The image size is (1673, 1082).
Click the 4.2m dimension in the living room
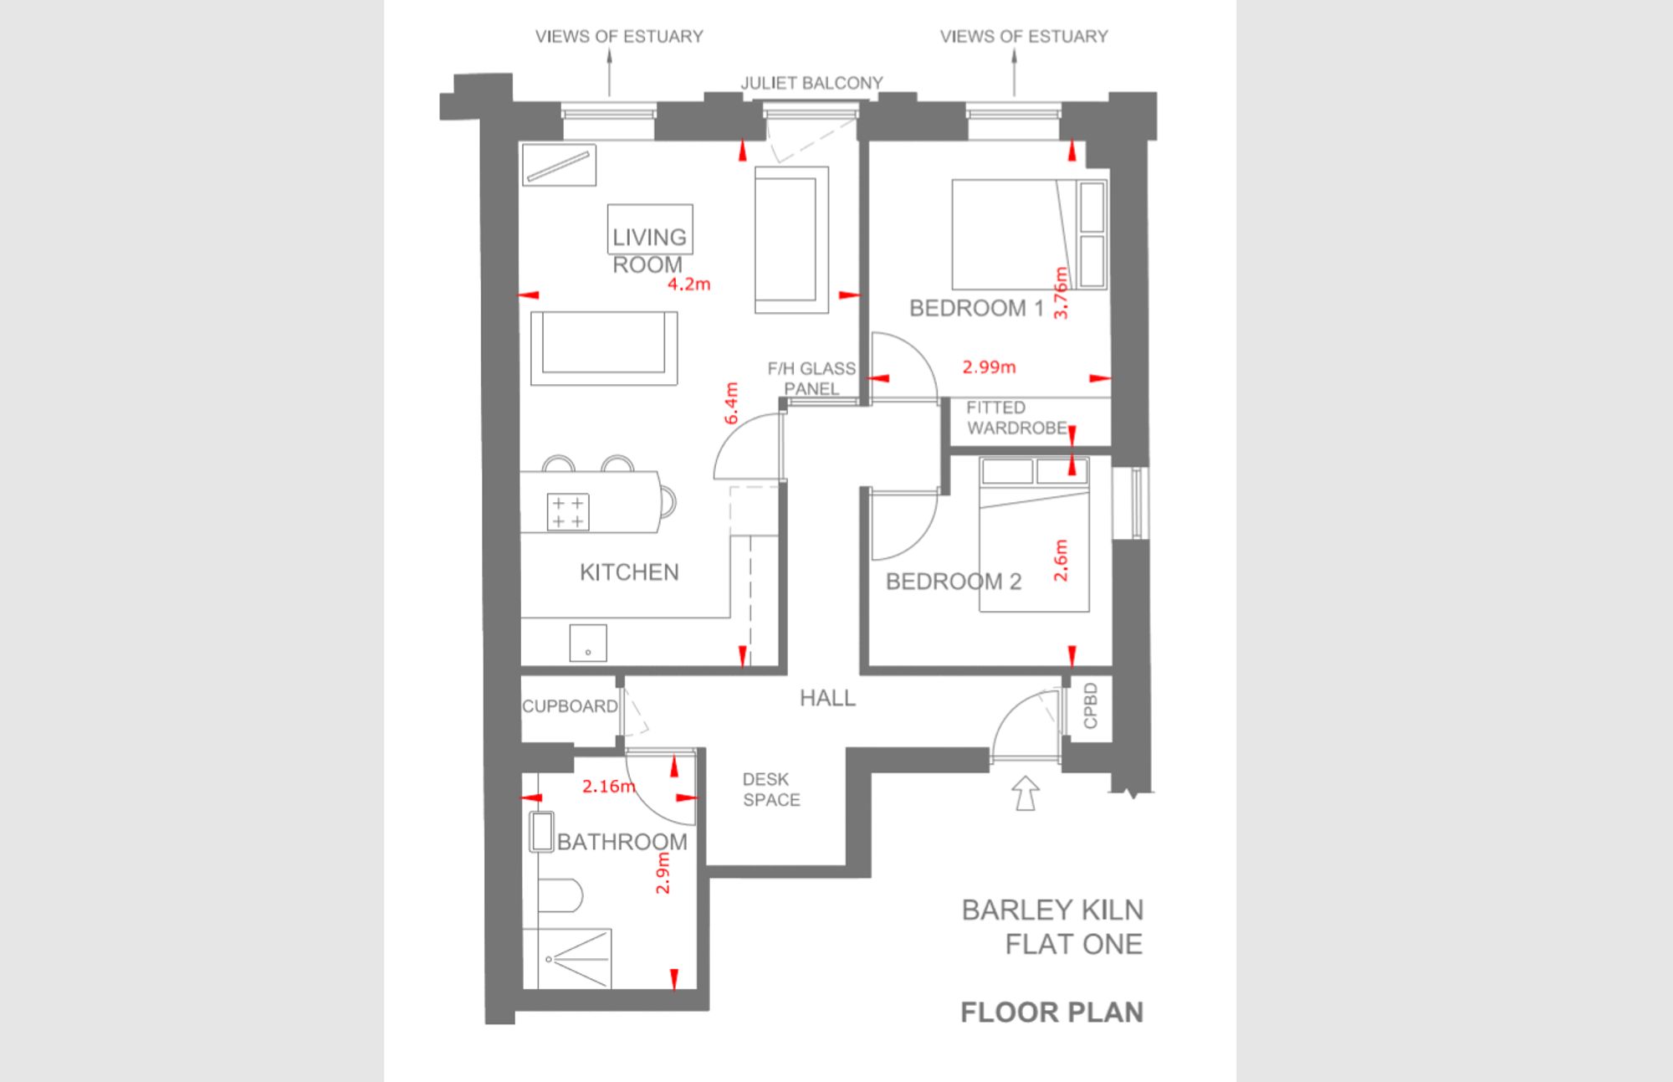(x=688, y=285)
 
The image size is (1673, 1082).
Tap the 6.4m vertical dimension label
(x=731, y=403)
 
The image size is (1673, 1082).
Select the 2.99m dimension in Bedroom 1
(x=989, y=367)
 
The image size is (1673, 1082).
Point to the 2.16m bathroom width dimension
(x=608, y=787)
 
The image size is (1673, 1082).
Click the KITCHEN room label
(x=629, y=572)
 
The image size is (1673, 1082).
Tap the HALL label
(x=827, y=698)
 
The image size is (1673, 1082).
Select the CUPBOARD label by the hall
(x=570, y=706)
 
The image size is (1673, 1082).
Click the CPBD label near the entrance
(x=1090, y=706)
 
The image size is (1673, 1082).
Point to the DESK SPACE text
(x=770, y=790)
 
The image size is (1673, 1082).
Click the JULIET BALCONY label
(x=811, y=83)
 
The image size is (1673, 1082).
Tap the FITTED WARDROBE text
(x=1016, y=418)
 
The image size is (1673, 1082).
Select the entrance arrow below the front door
(x=1026, y=793)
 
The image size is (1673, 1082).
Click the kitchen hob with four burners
(x=568, y=512)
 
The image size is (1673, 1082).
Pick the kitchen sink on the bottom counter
(x=588, y=643)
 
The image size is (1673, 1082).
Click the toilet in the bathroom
(x=559, y=896)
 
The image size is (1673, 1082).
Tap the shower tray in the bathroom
(x=566, y=958)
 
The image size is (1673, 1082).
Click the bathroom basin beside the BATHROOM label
(x=541, y=832)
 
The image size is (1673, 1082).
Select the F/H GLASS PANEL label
(x=811, y=378)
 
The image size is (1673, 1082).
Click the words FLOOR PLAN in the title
(x=1051, y=1013)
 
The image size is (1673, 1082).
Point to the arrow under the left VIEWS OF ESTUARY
(x=609, y=73)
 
